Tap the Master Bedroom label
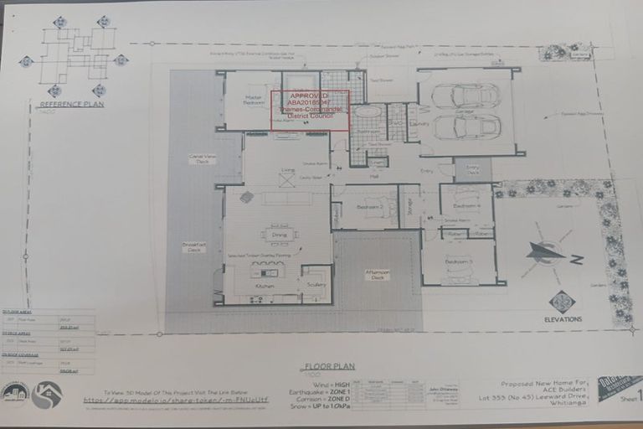point(255,101)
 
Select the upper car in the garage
point(466,96)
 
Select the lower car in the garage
point(466,127)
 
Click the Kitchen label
point(265,287)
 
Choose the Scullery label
point(316,285)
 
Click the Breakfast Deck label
point(194,248)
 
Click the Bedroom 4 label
point(466,205)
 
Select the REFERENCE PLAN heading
point(71,105)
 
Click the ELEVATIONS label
point(562,318)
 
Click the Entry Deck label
point(473,169)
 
